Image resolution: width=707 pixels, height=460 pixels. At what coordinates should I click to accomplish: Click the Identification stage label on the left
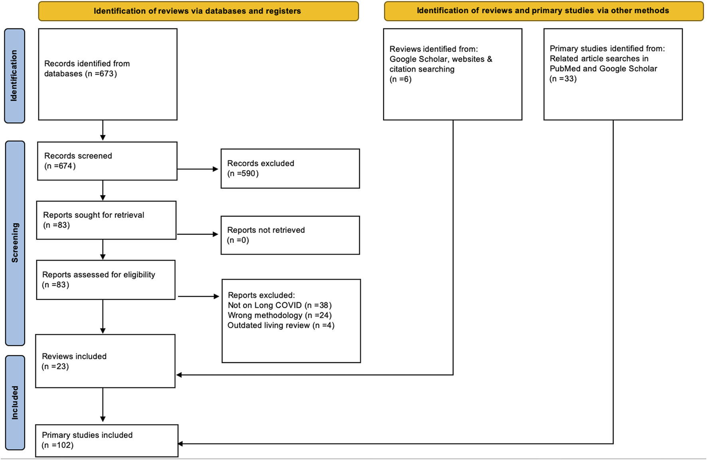coord(14,75)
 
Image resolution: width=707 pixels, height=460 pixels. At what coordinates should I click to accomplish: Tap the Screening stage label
coord(15,243)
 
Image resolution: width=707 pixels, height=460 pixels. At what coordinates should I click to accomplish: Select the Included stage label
coord(15,403)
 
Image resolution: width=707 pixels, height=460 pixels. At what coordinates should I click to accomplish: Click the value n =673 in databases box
coord(101,74)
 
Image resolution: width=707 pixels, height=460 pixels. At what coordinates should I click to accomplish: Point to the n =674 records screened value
coord(60,166)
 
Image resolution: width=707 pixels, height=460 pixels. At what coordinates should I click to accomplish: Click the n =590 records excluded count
coord(243,174)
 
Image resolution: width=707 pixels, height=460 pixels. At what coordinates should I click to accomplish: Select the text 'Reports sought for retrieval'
coord(93,215)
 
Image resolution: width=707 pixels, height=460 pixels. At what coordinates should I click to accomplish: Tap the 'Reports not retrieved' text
coord(266,230)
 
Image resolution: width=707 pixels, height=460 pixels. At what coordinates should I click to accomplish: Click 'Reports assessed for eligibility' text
coord(99,275)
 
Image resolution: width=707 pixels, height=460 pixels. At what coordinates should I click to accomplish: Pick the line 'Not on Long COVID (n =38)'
coord(280,306)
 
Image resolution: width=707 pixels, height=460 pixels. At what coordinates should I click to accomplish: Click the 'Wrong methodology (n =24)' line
coord(280,316)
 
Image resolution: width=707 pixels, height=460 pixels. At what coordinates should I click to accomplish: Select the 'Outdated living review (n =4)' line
coord(281,326)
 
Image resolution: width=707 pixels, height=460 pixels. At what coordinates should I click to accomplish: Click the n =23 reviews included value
coord(55,367)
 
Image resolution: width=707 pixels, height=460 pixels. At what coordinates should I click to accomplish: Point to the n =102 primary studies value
coord(58,445)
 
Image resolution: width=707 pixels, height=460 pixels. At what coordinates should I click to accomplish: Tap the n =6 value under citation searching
coord(401,79)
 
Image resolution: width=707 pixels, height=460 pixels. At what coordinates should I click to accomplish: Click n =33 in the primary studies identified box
coord(563,79)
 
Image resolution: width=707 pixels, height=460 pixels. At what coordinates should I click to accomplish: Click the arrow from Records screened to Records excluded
coord(198,169)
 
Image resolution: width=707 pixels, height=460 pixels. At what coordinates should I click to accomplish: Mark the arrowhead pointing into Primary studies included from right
coord(180,444)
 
